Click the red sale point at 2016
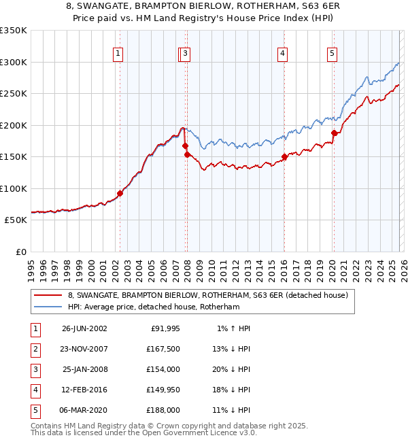coord(284,157)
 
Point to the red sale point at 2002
coord(120,193)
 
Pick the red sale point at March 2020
coord(334,133)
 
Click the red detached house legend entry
coord(207,295)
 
